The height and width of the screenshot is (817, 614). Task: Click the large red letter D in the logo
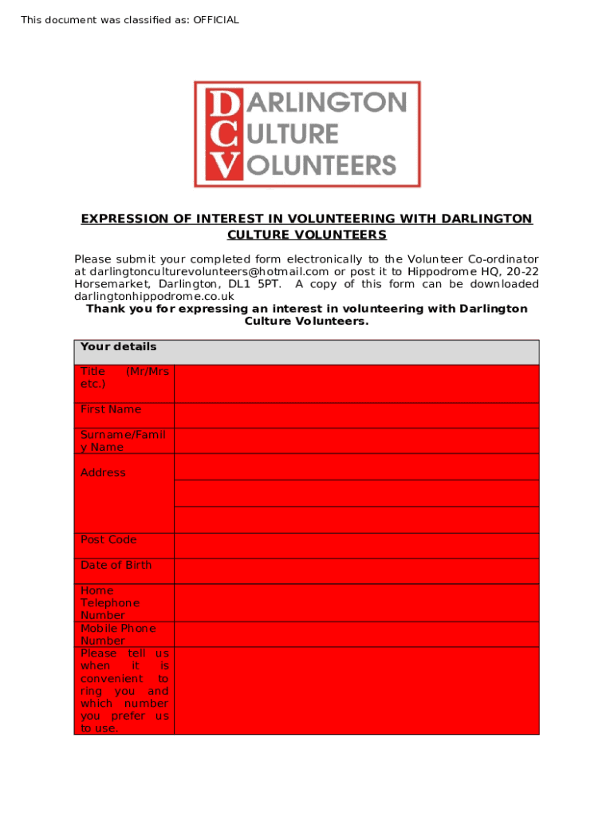pos(222,104)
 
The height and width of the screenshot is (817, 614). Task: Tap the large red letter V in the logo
pos(222,164)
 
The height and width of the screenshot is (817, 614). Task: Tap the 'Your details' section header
pos(118,347)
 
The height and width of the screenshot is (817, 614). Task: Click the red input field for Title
pos(356,383)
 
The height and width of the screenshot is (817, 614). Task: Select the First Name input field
pos(356,415)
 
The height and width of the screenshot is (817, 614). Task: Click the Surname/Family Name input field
pos(356,440)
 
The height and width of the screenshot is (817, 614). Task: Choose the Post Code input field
pos(356,546)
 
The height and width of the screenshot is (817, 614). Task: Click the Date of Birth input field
pos(356,570)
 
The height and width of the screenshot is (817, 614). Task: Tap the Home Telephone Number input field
pos(356,602)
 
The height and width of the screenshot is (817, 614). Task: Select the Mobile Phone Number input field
pos(356,634)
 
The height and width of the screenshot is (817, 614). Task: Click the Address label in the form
pos(103,472)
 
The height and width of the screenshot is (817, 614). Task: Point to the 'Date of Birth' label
pos(116,565)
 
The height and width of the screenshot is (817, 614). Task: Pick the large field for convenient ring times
pos(356,690)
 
